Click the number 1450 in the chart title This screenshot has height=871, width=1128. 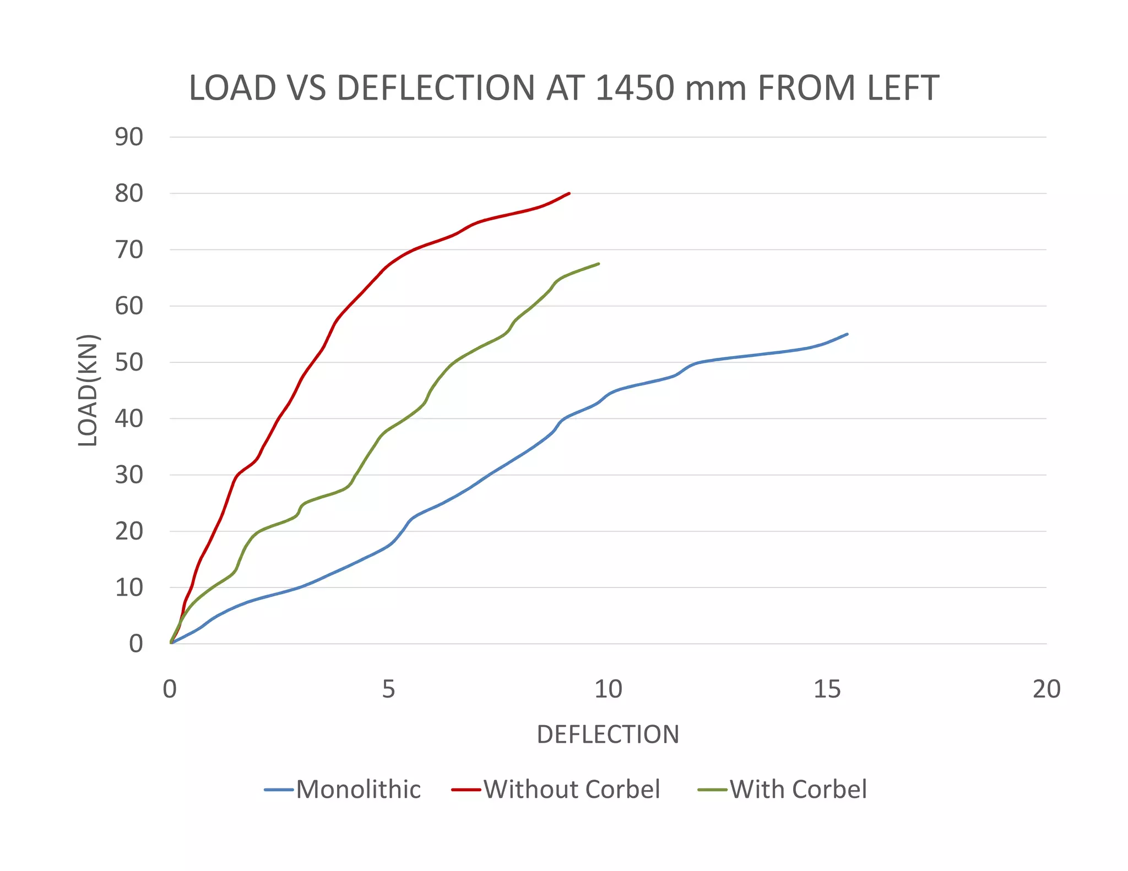point(634,88)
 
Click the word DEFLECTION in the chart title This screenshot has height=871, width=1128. point(435,88)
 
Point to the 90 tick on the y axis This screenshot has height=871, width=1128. point(129,137)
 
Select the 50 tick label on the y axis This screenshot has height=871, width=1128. point(129,362)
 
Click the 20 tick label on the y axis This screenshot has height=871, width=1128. point(129,531)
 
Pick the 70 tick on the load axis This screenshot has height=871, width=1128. point(129,250)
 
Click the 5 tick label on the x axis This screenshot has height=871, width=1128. point(389,689)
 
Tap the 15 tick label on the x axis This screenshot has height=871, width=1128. point(827,689)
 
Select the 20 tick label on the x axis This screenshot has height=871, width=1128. point(1046,689)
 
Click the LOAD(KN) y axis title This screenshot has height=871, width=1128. point(88,390)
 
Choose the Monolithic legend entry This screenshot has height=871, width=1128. point(358,790)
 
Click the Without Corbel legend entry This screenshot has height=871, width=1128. point(571,790)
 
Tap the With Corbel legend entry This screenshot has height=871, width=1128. point(798,790)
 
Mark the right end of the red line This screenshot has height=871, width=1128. point(569,193)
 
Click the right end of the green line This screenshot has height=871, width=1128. point(598,264)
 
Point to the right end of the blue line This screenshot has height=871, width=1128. point(847,334)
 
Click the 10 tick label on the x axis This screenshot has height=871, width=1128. point(608,689)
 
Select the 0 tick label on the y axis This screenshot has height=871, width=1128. point(135,644)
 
